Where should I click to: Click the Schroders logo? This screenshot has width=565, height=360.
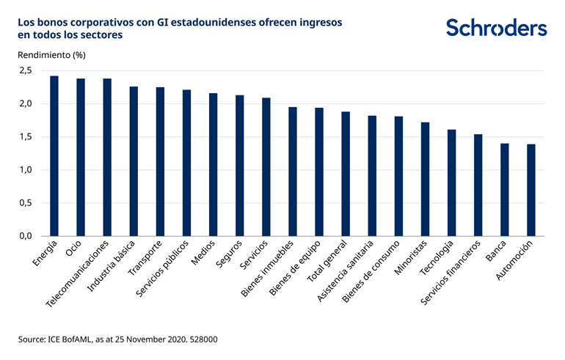(x=496, y=28)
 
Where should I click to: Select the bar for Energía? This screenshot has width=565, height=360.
(x=54, y=156)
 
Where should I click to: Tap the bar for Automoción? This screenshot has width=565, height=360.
(x=531, y=190)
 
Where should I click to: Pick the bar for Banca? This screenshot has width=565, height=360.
(x=504, y=190)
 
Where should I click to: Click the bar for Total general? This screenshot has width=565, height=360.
(x=346, y=174)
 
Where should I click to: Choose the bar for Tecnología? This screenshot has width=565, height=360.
(x=451, y=183)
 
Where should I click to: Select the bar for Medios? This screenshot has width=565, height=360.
(x=213, y=164)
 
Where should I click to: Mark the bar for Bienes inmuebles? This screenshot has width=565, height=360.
(x=293, y=172)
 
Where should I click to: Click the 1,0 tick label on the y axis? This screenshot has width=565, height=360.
(x=26, y=170)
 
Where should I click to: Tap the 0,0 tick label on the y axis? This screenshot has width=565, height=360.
(x=26, y=236)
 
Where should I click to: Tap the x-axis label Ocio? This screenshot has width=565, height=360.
(x=73, y=249)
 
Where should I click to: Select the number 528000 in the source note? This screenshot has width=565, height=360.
(x=201, y=339)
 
